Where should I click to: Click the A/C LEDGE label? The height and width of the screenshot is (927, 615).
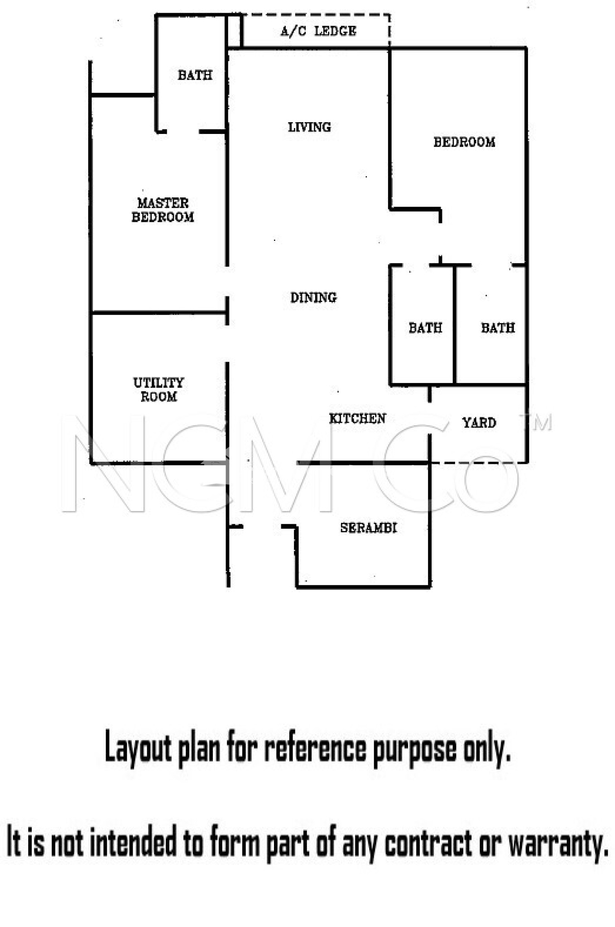tap(318, 31)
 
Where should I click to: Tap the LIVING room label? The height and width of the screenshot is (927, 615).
tap(309, 127)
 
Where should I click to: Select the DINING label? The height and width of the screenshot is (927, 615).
tap(313, 297)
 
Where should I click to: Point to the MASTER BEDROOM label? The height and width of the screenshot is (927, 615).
tap(163, 210)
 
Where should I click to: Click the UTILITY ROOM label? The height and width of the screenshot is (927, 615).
tap(159, 390)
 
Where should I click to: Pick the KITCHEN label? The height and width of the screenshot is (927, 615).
tap(357, 419)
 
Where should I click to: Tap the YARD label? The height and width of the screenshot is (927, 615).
tap(479, 423)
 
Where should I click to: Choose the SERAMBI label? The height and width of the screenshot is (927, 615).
tap(369, 528)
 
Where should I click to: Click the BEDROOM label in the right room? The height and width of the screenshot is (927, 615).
tap(464, 142)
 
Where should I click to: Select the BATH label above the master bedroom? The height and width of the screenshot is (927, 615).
tap(195, 75)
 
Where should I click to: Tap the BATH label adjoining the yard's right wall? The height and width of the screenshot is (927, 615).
tap(498, 327)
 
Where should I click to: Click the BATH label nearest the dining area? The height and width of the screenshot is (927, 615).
tap(425, 327)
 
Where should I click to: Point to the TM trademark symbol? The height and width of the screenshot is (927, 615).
tap(541, 422)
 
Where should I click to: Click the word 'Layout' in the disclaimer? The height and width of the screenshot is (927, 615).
tap(138, 749)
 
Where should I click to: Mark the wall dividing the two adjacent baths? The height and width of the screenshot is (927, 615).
tap(455, 325)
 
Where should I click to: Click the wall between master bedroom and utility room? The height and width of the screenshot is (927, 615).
tap(159, 312)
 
